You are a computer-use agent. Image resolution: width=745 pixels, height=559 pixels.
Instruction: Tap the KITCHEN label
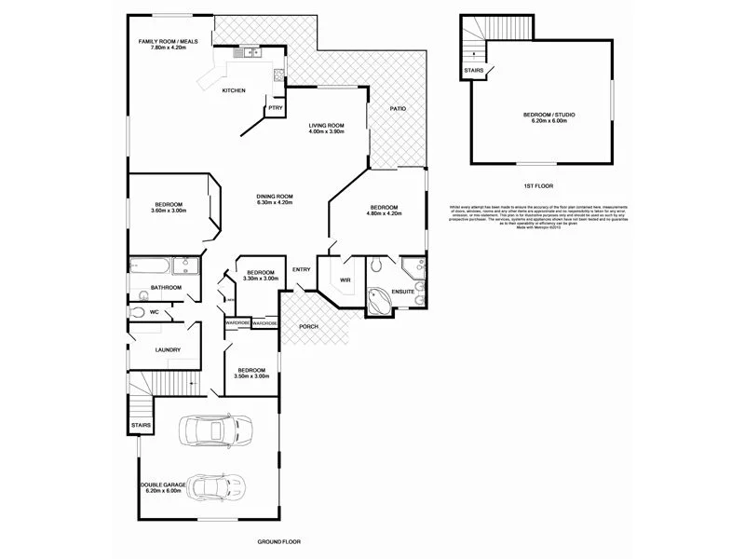[234, 90]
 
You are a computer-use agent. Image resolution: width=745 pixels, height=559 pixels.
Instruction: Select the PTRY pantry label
[275, 108]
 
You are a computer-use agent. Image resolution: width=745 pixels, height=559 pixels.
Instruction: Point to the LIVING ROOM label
[327, 128]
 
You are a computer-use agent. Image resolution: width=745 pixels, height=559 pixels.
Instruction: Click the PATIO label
[398, 108]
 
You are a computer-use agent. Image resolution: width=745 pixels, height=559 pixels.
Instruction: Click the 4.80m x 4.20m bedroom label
[385, 210]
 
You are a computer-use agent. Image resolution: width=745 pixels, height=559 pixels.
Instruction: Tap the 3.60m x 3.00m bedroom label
[169, 207]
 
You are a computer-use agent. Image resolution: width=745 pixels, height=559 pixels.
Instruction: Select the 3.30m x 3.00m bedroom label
[261, 275]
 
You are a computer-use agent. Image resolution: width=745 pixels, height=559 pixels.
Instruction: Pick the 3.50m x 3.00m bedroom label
[251, 373]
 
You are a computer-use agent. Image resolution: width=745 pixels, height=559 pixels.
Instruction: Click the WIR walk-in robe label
[344, 279]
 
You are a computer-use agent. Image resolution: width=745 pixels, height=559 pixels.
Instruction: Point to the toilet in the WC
[138, 313]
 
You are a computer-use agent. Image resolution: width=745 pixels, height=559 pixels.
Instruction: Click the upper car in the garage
[215, 430]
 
